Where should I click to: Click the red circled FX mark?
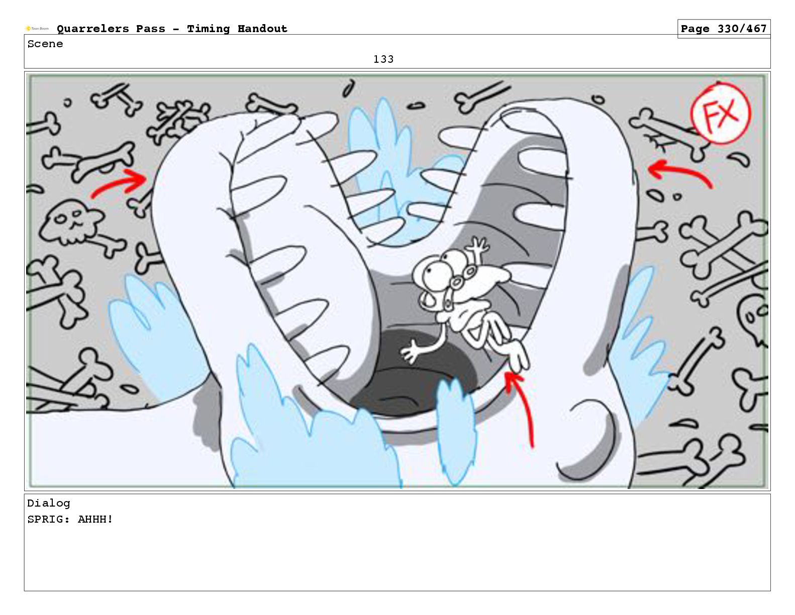[x=720, y=113]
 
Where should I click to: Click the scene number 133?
[x=383, y=59]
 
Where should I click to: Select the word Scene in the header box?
[x=45, y=44]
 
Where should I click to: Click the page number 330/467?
[x=742, y=29]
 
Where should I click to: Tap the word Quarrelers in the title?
[x=93, y=29]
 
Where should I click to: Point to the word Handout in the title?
[x=262, y=29]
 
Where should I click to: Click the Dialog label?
[x=49, y=503]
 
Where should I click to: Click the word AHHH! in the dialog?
[x=95, y=519]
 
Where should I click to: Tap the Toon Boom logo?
[x=37, y=29]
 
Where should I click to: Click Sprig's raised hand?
[x=478, y=245]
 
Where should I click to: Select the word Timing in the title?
[x=208, y=29]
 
